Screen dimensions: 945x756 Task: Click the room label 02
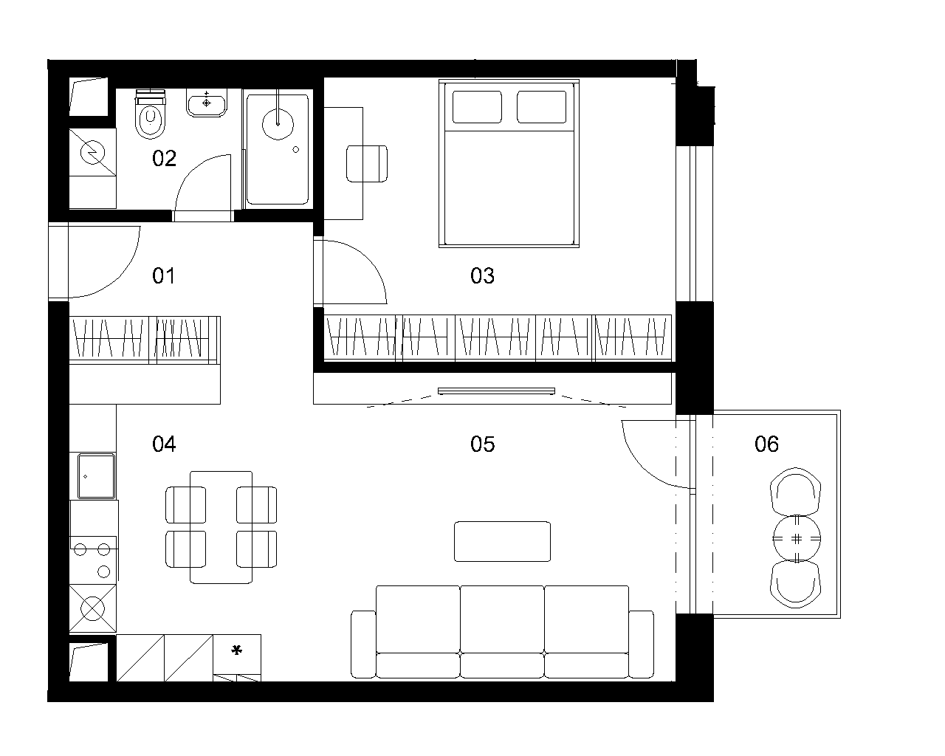164,158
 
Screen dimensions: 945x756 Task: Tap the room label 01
163,275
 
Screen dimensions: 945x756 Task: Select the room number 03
482,275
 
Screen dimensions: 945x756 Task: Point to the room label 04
164,444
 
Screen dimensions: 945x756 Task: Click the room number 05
482,444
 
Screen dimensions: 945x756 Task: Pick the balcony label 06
767,444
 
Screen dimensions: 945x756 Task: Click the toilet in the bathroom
151,114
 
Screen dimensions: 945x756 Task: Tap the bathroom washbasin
207,103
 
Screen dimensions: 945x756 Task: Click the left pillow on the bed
477,107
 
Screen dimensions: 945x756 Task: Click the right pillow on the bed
541,107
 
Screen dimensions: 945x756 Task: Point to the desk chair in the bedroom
367,164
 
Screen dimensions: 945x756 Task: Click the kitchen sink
96,476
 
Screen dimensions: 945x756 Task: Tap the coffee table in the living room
502,541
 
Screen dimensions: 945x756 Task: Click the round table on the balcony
797,538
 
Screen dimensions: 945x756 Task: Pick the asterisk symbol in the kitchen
237,650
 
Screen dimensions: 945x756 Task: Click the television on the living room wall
496,391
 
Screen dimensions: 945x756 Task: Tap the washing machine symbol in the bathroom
93,152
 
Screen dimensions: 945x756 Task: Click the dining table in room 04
221,527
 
